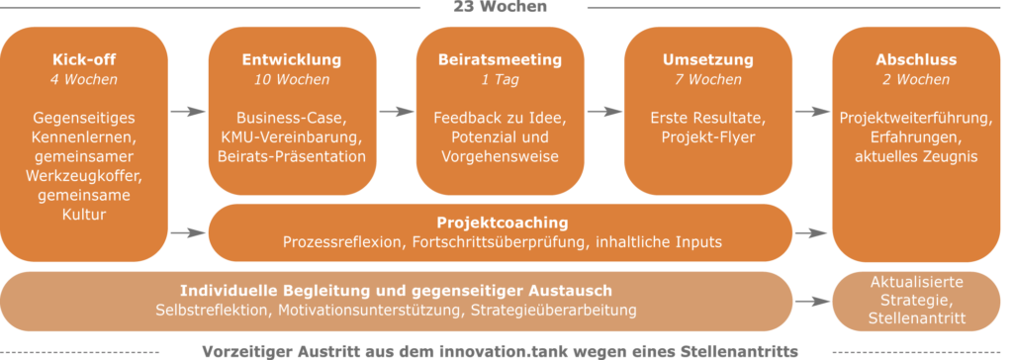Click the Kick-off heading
tap(83, 59)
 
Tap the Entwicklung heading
tap(292, 59)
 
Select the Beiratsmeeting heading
tap(500, 59)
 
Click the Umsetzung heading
tap(707, 59)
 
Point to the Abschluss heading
tap(914, 59)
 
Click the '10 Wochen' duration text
tap(292, 79)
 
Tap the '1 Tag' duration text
tap(500, 79)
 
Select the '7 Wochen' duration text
tap(707, 79)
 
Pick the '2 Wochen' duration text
tap(914, 79)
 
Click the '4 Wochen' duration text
tap(83, 79)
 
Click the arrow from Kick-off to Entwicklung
tap(187, 112)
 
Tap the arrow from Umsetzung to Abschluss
tap(811, 112)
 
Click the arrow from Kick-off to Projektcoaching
tap(187, 233)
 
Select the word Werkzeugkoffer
tap(83, 175)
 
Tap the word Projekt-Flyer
tap(707, 136)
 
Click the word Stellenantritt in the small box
tap(914, 319)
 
